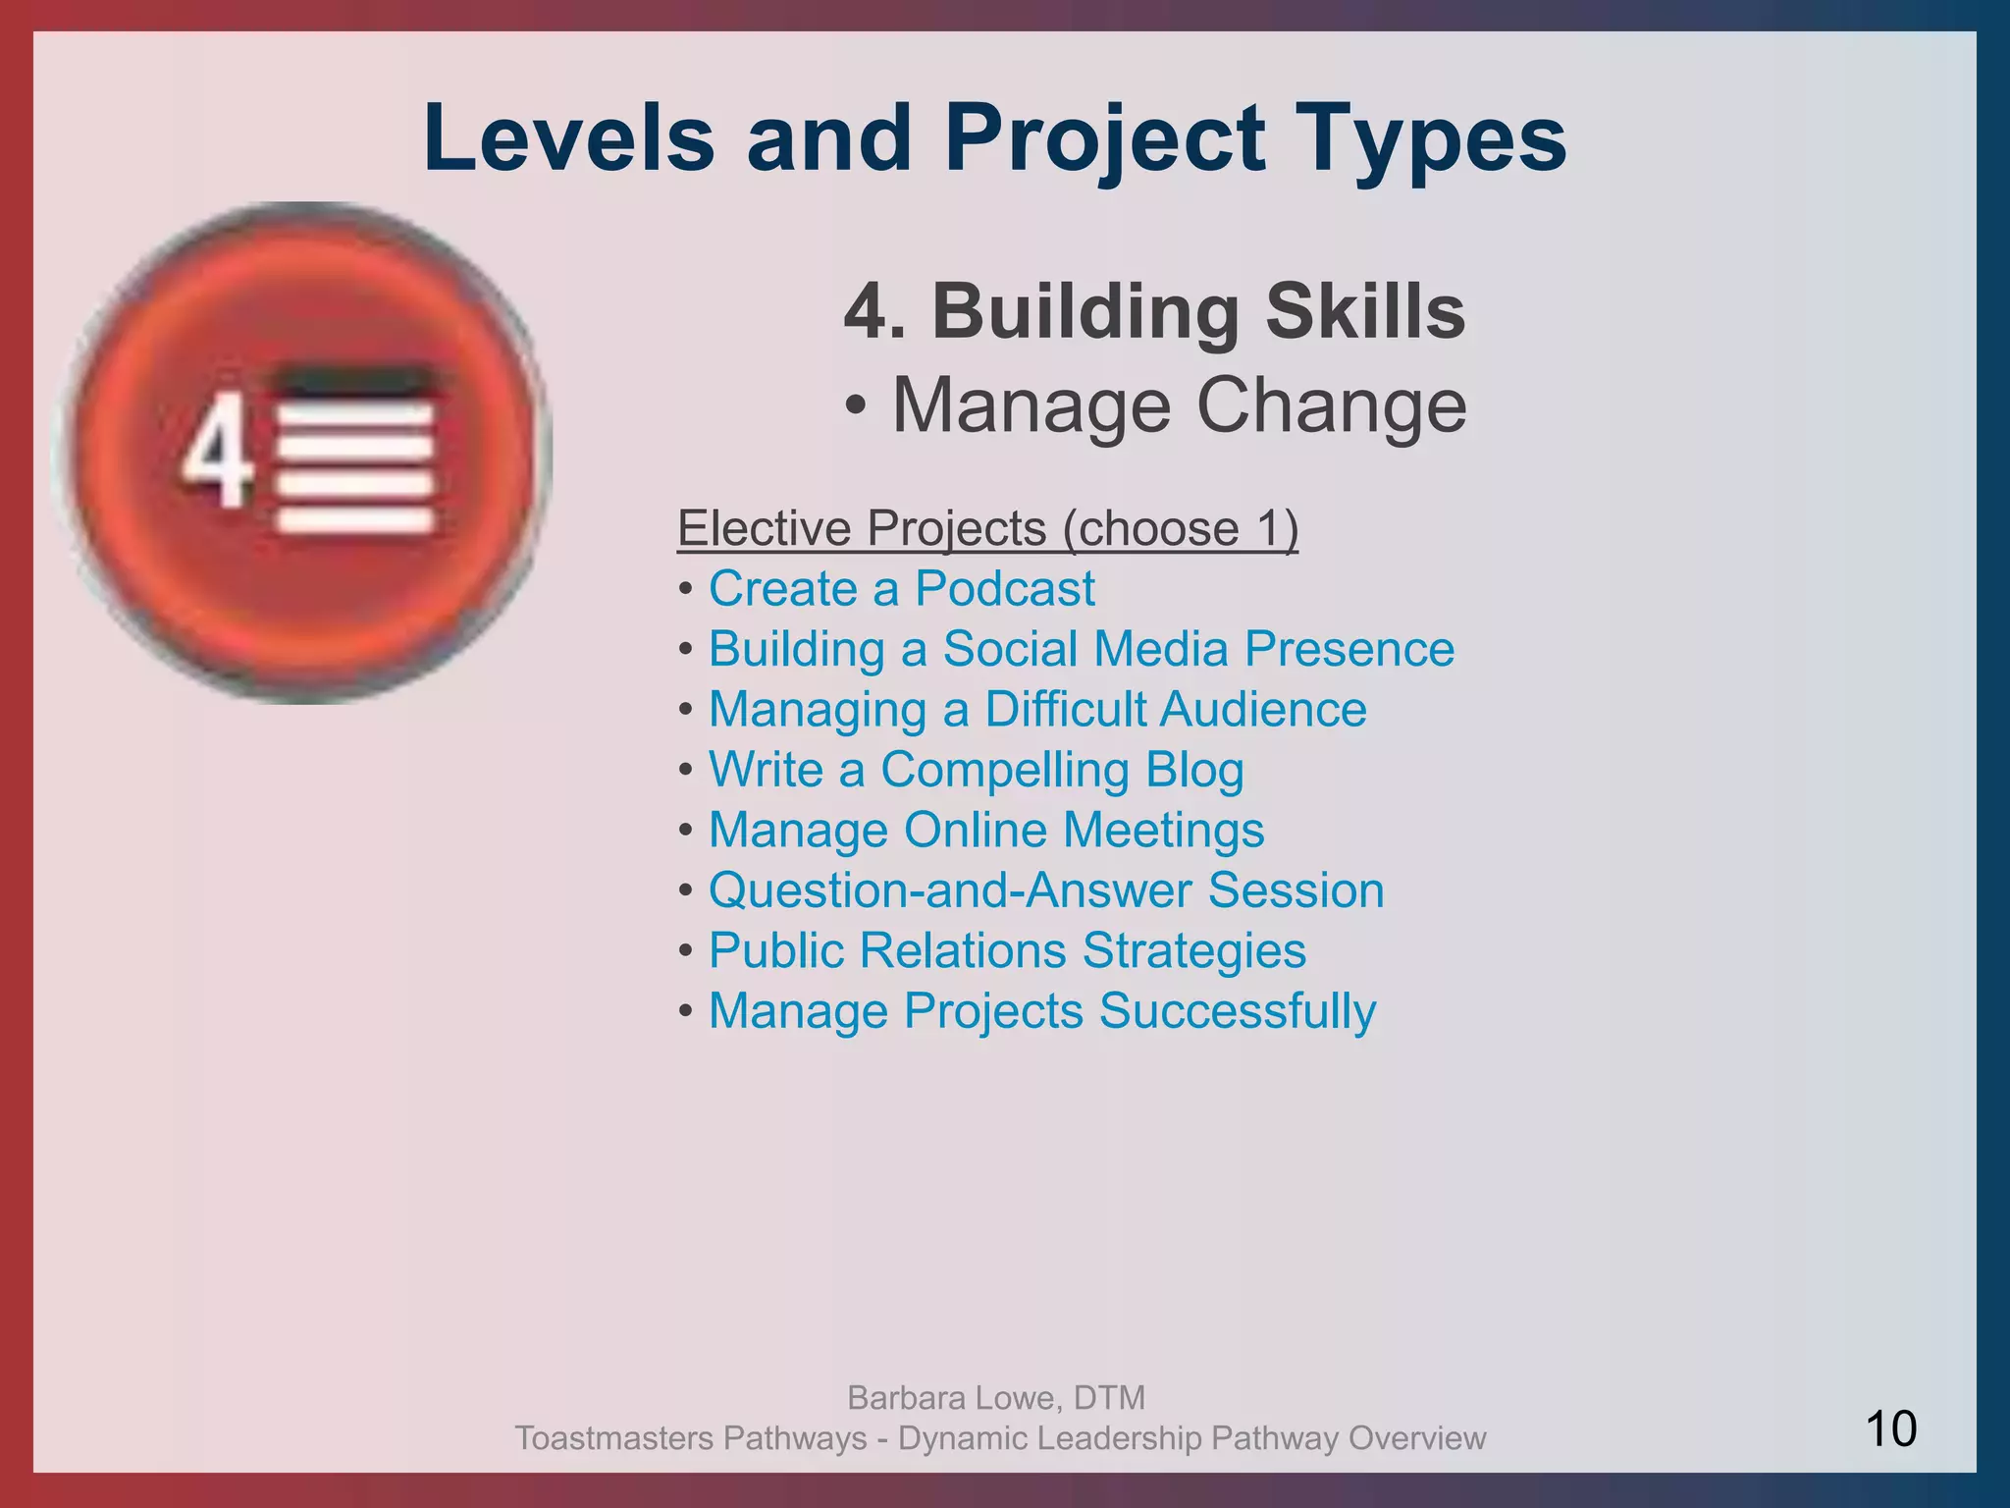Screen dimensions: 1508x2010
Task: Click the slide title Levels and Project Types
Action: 994,139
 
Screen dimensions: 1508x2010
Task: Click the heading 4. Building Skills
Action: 1154,311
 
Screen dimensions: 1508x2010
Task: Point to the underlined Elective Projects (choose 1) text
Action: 987,529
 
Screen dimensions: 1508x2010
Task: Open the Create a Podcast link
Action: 901,589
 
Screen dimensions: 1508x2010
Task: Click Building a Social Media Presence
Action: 1081,649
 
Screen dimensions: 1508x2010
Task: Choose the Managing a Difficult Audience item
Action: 1036,710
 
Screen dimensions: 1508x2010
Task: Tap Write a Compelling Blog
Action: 976,770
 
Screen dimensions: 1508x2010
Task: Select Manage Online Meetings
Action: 985,830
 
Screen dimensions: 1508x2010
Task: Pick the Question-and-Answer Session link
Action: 1045,890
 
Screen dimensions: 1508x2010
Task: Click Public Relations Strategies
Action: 1007,950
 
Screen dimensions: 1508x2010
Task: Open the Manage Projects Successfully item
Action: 1041,1011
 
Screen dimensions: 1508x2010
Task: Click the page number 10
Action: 1889,1428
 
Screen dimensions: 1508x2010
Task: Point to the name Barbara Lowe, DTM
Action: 995,1397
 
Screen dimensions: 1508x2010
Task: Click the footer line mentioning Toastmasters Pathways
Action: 999,1438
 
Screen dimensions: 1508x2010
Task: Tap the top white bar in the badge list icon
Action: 355,416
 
